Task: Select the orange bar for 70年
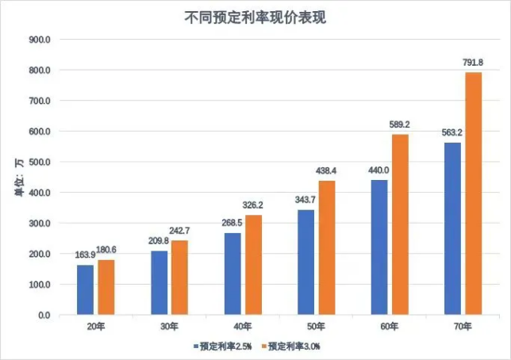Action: pyautogui.click(x=473, y=193)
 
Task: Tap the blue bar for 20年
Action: pyautogui.click(x=85, y=289)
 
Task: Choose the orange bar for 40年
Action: pyautogui.click(x=252, y=265)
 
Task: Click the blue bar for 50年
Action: pyautogui.click(x=306, y=262)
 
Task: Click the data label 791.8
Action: pyautogui.click(x=473, y=61)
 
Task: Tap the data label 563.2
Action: pyautogui.click(x=451, y=132)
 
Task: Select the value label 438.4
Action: pyautogui.click(x=326, y=170)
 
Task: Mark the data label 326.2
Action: pyautogui.click(x=252, y=205)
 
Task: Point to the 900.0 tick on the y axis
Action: pyautogui.click(x=39, y=40)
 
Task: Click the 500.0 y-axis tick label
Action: pyautogui.click(x=39, y=163)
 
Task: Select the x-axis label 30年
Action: pyautogui.click(x=169, y=327)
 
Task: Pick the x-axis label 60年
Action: pyautogui.click(x=390, y=327)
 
